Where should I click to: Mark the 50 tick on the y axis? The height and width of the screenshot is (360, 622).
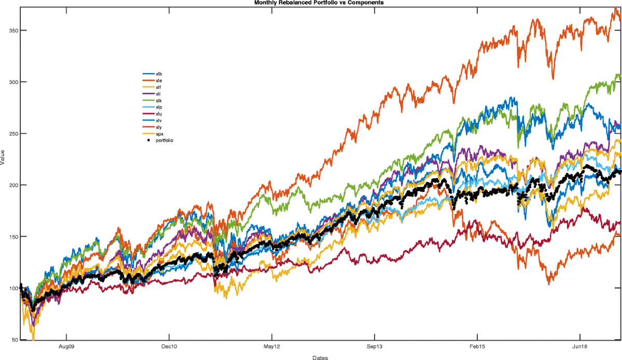[15, 340]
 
